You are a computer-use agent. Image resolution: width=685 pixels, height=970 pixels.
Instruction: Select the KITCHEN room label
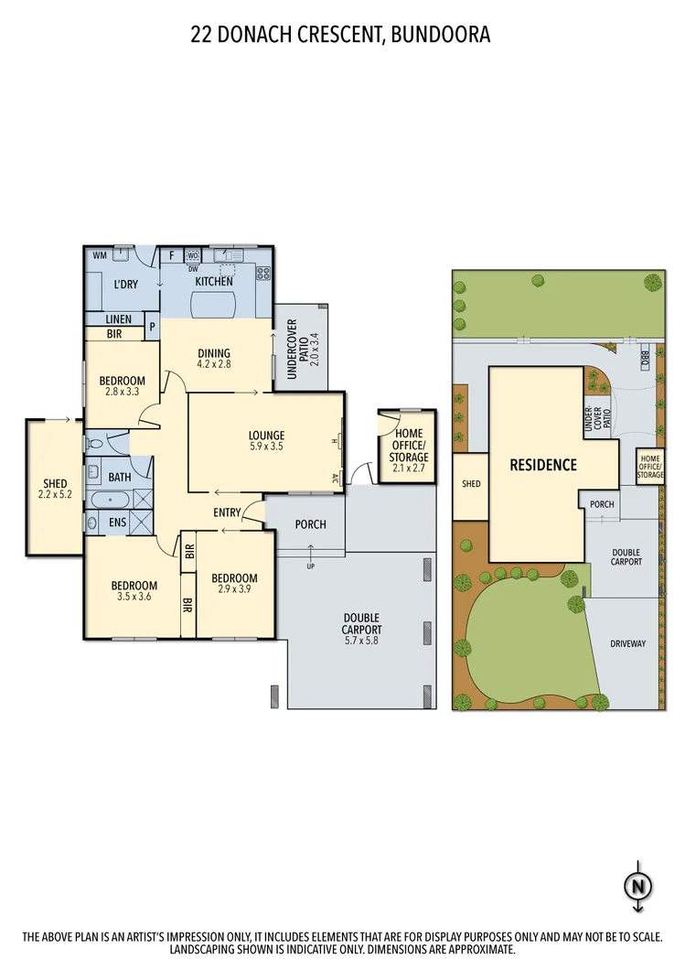click(213, 282)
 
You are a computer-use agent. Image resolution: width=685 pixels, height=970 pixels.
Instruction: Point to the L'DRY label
click(125, 285)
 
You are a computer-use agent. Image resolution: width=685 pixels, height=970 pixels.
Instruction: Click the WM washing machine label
click(99, 255)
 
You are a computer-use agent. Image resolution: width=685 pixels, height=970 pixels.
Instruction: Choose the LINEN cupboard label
click(119, 319)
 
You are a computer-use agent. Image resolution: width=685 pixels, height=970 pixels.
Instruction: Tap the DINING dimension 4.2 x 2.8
click(215, 364)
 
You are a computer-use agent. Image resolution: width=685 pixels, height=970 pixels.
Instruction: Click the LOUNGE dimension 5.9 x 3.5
click(266, 447)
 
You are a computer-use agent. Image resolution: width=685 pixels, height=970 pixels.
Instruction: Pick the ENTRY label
click(227, 512)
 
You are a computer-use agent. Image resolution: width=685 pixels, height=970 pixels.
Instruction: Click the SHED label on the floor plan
click(56, 484)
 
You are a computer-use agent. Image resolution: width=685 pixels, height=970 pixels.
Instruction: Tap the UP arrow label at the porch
click(311, 566)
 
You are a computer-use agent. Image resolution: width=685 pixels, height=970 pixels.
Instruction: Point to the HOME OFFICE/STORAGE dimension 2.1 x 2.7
click(408, 469)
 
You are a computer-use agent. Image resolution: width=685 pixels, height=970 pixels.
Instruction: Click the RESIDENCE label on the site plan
click(543, 465)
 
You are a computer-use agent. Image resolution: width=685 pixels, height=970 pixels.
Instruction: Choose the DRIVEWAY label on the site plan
click(627, 643)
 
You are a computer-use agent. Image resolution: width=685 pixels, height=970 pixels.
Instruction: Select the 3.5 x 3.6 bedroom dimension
click(134, 598)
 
